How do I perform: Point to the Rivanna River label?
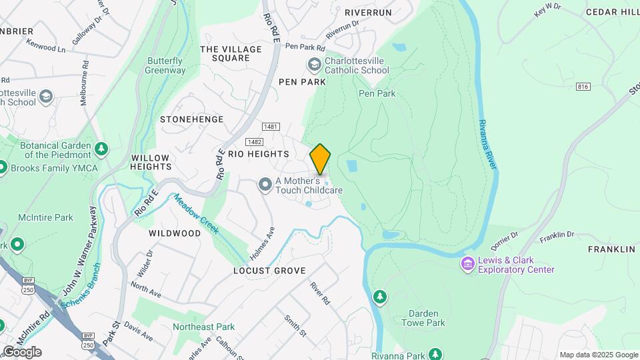click(488, 145)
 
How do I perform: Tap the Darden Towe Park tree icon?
click(380, 297)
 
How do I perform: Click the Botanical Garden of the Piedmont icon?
click(101, 147)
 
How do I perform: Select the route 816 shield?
click(584, 87)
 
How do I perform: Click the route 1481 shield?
click(271, 127)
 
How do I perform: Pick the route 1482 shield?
click(253, 141)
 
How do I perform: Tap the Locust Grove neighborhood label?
click(269, 271)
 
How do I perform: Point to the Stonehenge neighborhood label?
click(191, 119)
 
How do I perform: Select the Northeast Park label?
click(203, 327)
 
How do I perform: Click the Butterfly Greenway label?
click(166, 65)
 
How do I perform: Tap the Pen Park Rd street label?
click(305, 47)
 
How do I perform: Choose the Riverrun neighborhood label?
click(368, 12)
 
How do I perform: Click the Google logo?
click(22, 352)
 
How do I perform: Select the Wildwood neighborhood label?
click(175, 233)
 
